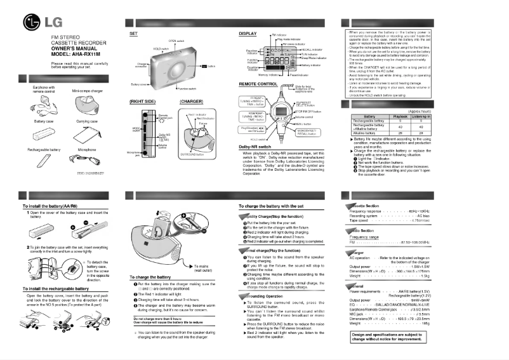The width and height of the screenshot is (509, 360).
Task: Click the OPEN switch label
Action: [x=176, y=40]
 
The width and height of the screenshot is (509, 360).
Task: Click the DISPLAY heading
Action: [x=248, y=32]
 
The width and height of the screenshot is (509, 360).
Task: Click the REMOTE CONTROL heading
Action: [x=258, y=84]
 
